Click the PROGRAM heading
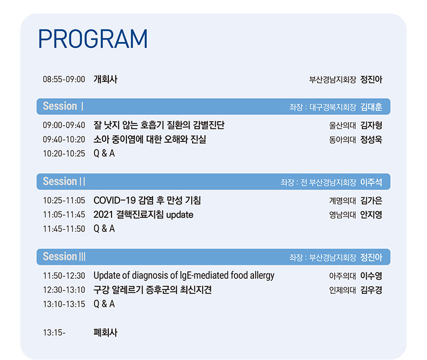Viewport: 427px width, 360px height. click(93, 39)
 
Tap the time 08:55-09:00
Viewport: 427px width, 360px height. click(64, 79)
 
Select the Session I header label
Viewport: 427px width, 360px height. click(63, 106)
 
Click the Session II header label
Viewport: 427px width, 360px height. click(64, 181)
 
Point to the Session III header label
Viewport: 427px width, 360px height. click(64, 256)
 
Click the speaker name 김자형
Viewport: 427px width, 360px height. click(371, 126)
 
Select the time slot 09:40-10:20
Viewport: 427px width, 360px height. click(64, 139)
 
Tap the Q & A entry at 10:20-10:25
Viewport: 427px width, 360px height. click(104, 153)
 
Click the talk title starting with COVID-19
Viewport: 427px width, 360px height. click(147, 201)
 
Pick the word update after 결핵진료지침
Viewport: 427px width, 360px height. click(180, 215)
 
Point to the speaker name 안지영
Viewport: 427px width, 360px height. click(371, 215)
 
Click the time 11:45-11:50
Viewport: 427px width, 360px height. click(64, 229)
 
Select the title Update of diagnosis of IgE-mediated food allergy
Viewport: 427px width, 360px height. click(184, 276)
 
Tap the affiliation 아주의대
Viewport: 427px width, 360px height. click(342, 276)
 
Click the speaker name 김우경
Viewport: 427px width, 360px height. click(371, 290)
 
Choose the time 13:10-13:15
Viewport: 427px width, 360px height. click(64, 304)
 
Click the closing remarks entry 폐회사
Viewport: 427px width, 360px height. click(105, 332)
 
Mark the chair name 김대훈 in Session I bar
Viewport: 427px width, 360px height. click(371, 107)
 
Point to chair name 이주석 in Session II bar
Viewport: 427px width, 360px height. click(371, 182)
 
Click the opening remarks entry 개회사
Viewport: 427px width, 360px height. click(105, 79)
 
